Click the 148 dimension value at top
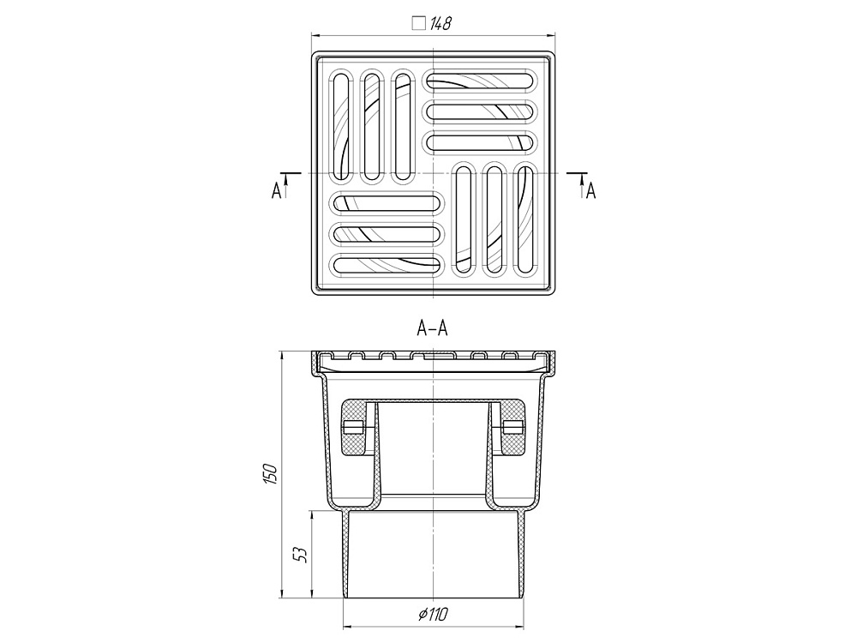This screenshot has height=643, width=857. pyautogui.click(x=440, y=23)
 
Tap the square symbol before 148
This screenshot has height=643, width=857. pyautogui.click(x=419, y=23)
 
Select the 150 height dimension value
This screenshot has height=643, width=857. pyautogui.click(x=271, y=473)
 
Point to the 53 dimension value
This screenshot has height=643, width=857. pyautogui.click(x=301, y=555)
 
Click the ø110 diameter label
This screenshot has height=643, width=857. pyautogui.click(x=434, y=615)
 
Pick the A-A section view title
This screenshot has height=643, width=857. pyautogui.click(x=432, y=328)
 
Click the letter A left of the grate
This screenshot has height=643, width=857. pyautogui.click(x=277, y=191)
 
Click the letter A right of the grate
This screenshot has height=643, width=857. pyautogui.click(x=590, y=191)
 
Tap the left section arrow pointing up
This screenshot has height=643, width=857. pyautogui.click(x=286, y=185)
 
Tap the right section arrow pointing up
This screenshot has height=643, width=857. pyautogui.click(x=582, y=185)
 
